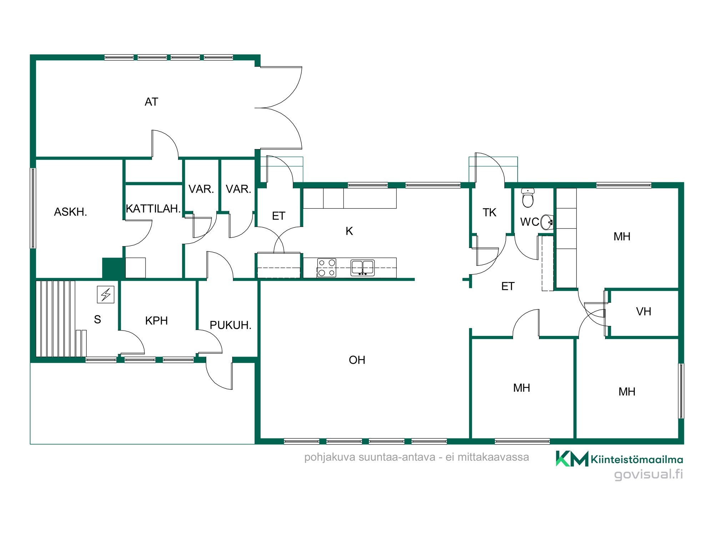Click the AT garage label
151,102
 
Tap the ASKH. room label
70,212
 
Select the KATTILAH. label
153,209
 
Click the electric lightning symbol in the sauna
106,294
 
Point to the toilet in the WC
528,198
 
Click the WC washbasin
547,222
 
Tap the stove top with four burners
327,268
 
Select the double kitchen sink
362,268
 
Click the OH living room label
357,360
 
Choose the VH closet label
644,312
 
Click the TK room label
489,213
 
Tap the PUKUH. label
230,325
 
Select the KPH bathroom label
156,321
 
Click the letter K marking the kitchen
349,231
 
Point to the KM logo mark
572,458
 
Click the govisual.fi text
648,475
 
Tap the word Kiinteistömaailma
637,460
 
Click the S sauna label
97,319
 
